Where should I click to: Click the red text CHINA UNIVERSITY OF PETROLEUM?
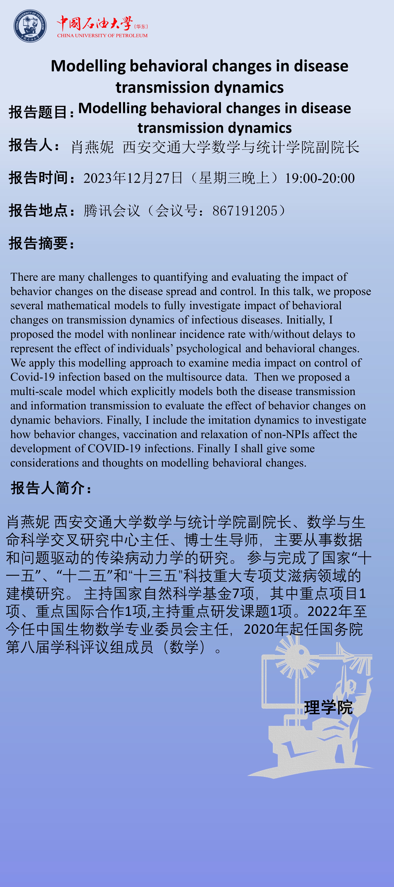coord(102,35)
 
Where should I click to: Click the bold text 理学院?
coord(328,708)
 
